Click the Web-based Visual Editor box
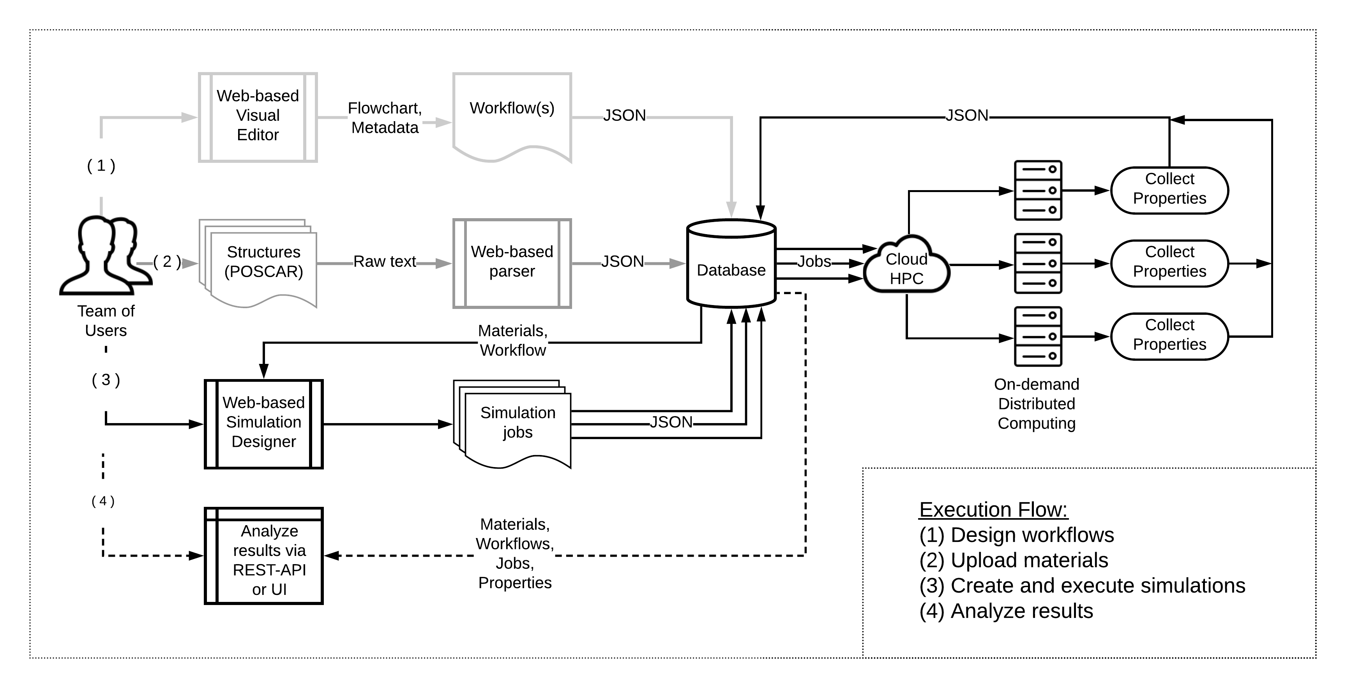point(258,117)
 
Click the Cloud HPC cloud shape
point(906,266)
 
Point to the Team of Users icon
point(106,256)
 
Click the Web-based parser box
point(512,263)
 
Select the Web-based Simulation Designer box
point(263,423)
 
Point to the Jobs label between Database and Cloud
point(814,261)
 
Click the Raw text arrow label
point(385,261)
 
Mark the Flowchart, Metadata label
point(385,118)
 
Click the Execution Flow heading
point(993,509)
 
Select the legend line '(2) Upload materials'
point(1014,560)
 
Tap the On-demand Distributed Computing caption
point(1037,403)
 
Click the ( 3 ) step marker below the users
point(106,379)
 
